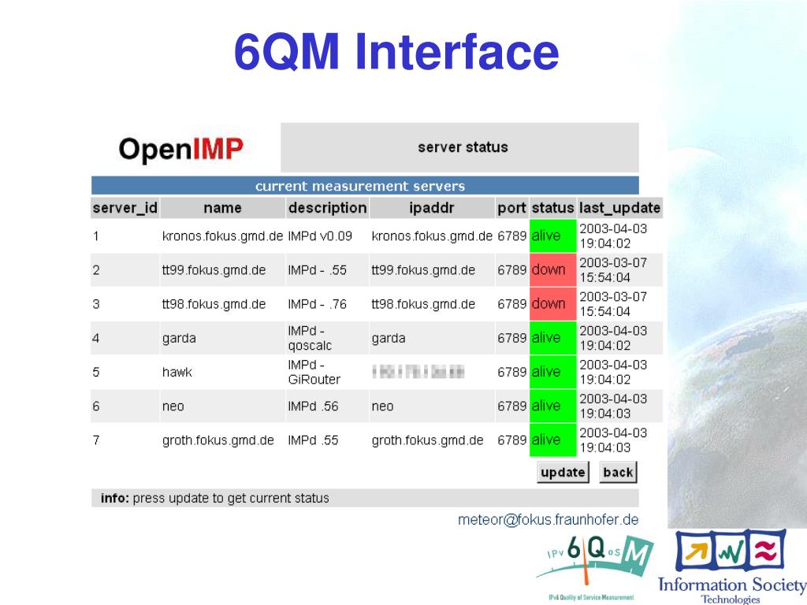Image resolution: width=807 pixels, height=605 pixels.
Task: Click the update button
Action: (x=563, y=472)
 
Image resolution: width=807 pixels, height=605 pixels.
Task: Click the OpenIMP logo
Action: (x=181, y=148)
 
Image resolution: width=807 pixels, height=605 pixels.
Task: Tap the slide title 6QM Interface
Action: (x=396, y=53)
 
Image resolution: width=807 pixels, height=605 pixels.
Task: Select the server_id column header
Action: (x=125, y=208)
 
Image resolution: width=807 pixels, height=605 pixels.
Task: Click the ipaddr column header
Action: (x=432, y=208)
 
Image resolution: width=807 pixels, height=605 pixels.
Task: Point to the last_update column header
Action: (x=619, y=208)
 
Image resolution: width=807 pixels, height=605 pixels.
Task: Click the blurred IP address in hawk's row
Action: (x=418, y=372)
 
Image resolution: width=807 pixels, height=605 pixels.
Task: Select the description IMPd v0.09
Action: (x=320, y=236)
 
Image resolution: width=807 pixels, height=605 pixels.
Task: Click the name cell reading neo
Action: (x=173, y=406)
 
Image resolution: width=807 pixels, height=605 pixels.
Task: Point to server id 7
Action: (x=96, y=440)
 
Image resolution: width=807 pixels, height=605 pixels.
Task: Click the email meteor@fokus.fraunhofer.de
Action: (x=549, y=520)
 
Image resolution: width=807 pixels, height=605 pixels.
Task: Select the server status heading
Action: (x=463, y=147)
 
